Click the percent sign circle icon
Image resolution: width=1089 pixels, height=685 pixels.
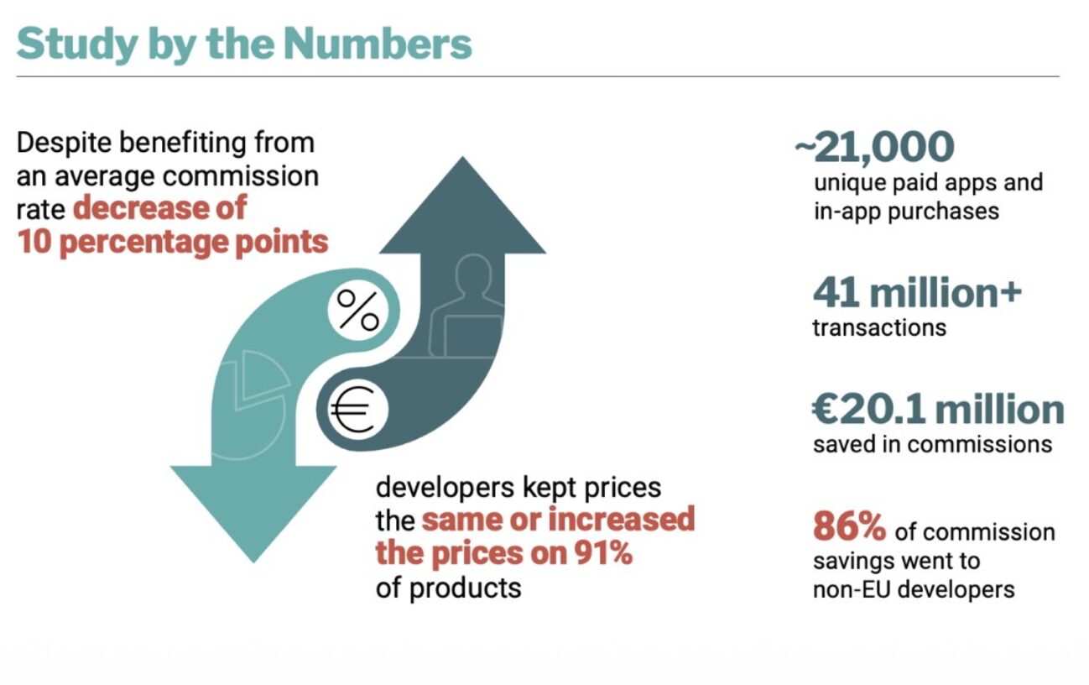tap(358, 311)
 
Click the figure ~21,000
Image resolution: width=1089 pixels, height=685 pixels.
tap(875, 146)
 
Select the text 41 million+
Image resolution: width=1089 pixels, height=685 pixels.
tap(917, 293)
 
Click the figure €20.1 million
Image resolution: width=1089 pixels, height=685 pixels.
tap(938, 410)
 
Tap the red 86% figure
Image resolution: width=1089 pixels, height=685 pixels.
tap(849, 527)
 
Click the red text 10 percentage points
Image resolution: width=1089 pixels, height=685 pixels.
tap(172, 242)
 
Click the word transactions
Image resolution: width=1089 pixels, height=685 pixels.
tap(879, 327)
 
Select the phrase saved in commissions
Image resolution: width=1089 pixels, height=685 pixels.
tap(932, 443)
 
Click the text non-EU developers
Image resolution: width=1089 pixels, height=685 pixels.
tap(914, 589)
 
